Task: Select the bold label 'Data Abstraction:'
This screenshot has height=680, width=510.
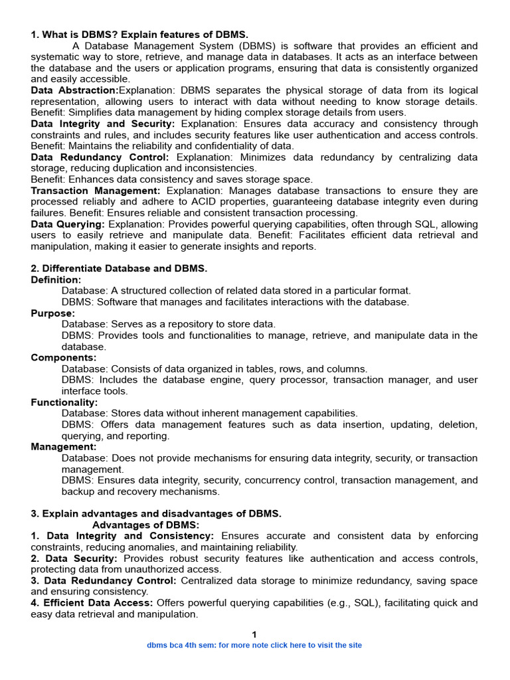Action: point(74,90)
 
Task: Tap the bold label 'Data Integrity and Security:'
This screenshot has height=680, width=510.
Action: point(103,124)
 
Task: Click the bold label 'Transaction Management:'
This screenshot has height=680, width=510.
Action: point(96,191)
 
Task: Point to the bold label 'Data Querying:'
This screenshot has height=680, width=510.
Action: point(68,224)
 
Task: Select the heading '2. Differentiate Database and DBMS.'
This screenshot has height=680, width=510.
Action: point(120,269)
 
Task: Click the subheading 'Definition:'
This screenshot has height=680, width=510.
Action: point(56,280)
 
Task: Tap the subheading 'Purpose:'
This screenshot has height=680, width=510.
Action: point(53,313)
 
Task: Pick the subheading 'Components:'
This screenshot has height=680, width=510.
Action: point(64,358)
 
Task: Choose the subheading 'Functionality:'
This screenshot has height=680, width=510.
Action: point(64,402)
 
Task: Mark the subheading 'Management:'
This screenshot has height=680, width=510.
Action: point(64,447)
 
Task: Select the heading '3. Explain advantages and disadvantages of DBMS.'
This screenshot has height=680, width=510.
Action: point(156,514)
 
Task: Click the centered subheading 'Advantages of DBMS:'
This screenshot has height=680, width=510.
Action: point(145,525)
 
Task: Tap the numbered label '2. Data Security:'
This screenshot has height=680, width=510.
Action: point(74,559)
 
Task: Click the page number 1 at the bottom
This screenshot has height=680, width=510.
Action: point(254,635)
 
